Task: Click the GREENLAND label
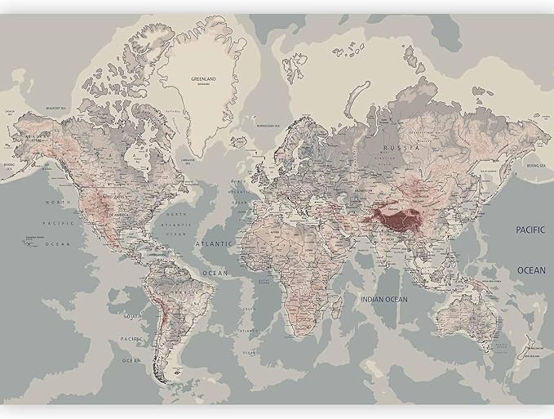click(x=203, y=79)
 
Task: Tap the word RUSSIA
click(x=405, y=148)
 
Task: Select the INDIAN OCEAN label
click(x=383, y=300)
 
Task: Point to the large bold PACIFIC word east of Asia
click(x=530, y=231)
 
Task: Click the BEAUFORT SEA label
click(x=55, y=106)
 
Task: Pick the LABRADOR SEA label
click(x=189, y=161)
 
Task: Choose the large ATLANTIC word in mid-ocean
click(x=213, y=243)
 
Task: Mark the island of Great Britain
click(x=259, y=172)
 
